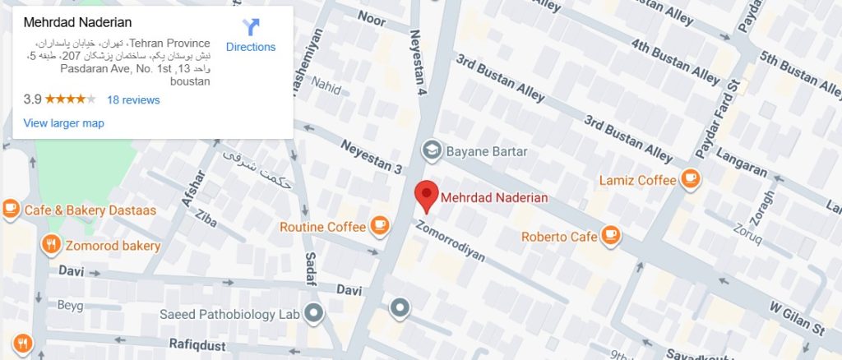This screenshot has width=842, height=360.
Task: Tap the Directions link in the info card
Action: click(x=251, y=47)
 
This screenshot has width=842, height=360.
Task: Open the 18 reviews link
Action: click(x=133, y=100)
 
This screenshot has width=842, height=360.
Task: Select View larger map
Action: click(x=64, y=123)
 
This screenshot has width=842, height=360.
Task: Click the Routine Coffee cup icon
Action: click(x=378, y=225)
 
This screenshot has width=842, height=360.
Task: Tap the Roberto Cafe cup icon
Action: click(x=609, y=236)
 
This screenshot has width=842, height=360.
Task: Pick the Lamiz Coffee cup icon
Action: click(x=689, y=178)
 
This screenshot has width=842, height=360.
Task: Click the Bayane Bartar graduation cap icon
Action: click(x=430, y=151)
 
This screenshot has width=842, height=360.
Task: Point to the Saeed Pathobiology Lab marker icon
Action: click(x=312, y=312)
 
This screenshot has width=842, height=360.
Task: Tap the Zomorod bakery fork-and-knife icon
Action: click(x=50, y=243)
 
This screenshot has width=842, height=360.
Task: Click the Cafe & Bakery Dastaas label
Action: click(x=90, y=210)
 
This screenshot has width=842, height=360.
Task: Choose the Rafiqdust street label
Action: click(x=197, y=345)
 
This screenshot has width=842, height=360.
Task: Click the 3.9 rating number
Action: click(x=32, y=100)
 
